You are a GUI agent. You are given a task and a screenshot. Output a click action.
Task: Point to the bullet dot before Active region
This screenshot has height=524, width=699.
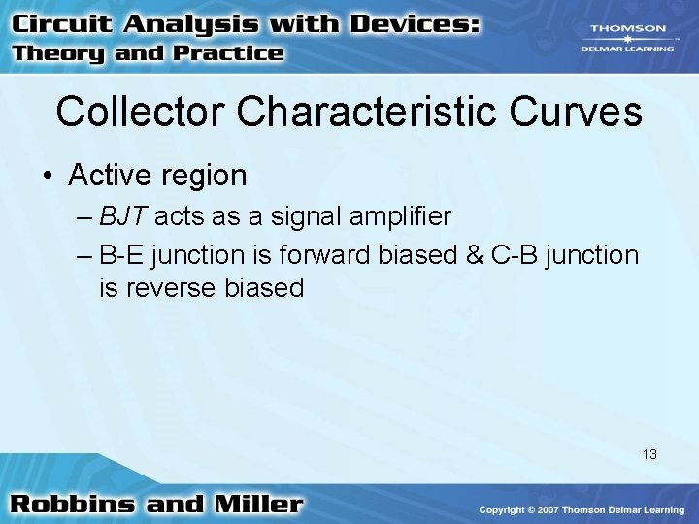click(x=46, y=177)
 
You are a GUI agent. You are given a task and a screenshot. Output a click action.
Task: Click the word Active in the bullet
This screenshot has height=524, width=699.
click(x=105, y=176)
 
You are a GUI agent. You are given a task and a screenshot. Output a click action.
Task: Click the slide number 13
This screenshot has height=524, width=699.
click(x=649, y=453)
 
